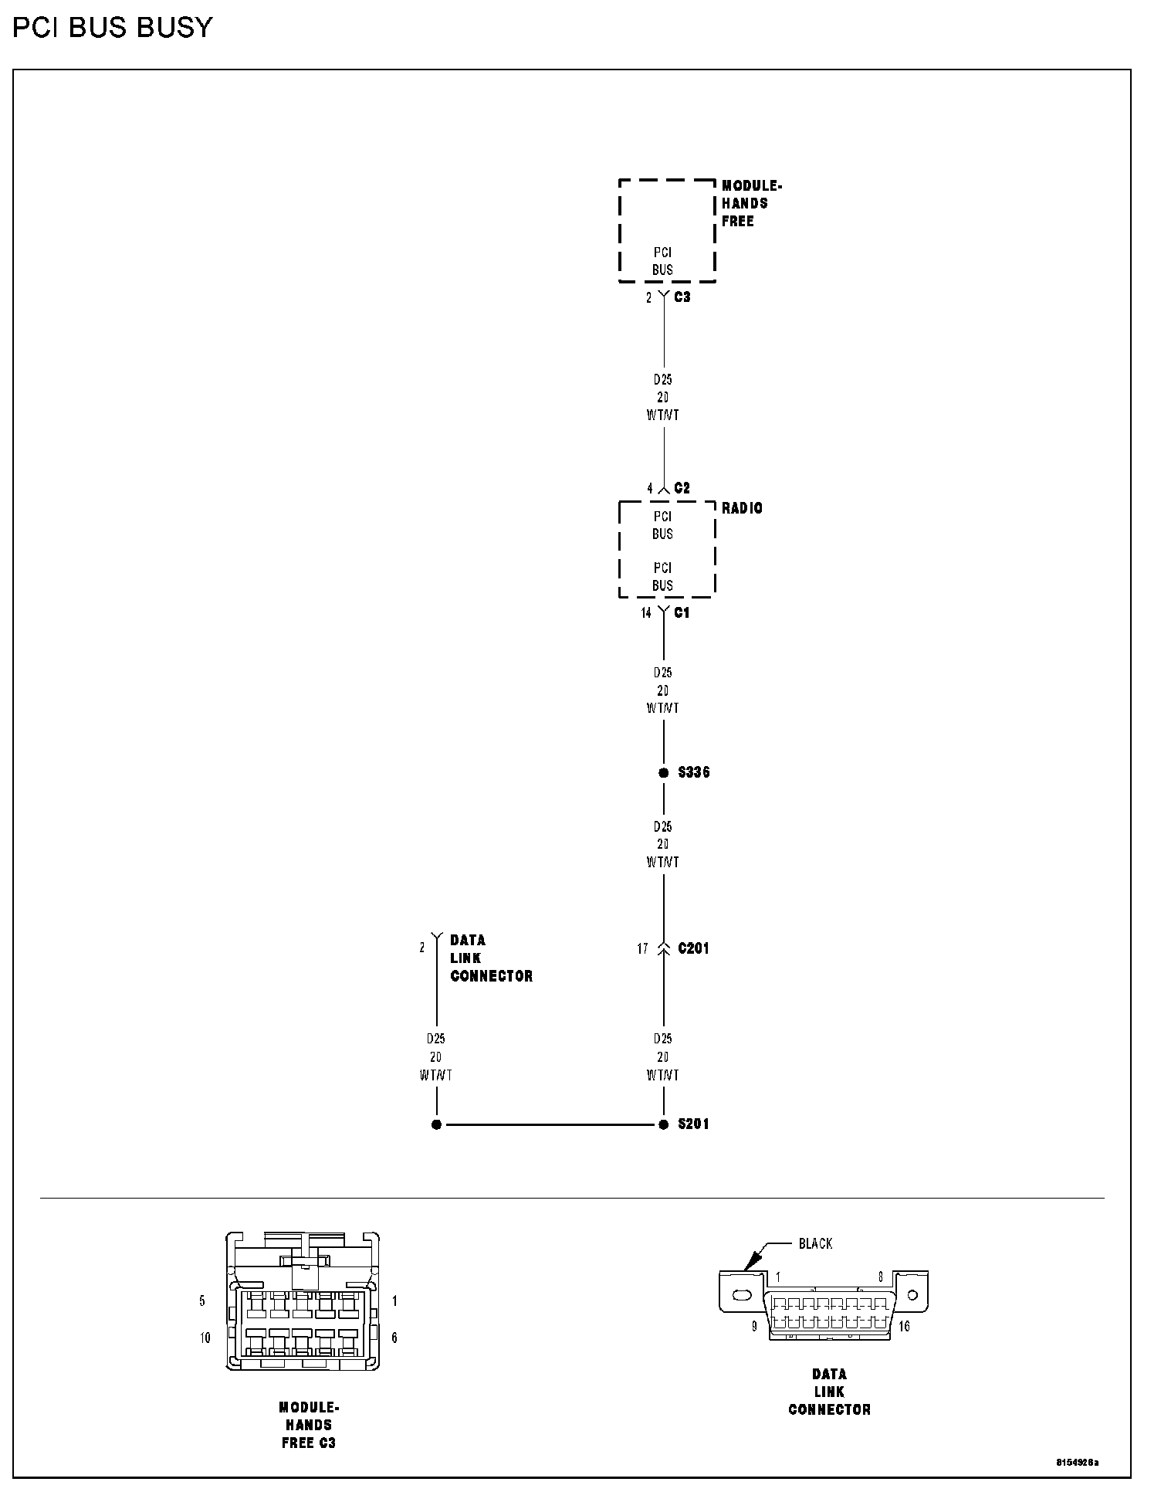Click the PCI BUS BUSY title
coord(112,28)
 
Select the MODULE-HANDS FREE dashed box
coord(667,231)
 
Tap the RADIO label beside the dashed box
coord(742,508)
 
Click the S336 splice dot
coord(663,772)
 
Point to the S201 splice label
coord(693,1124)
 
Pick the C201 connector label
coord(693,948)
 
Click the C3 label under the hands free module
coord(682,297)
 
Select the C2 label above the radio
coord(682,488)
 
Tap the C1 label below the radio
coord(682,612)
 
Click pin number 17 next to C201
coord(642,949)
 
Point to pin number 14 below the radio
coord(645,613)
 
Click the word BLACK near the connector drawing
coord(815,1243)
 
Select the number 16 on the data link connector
coord(904,1327)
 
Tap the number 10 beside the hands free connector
coord(205,1338)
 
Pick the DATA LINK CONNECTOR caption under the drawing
coord(829,1392)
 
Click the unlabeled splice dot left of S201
coord(436,1124)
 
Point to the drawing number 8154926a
coord(1078,1463)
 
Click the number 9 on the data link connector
coord(754,1327)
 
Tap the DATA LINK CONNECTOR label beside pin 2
coord(491,958)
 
